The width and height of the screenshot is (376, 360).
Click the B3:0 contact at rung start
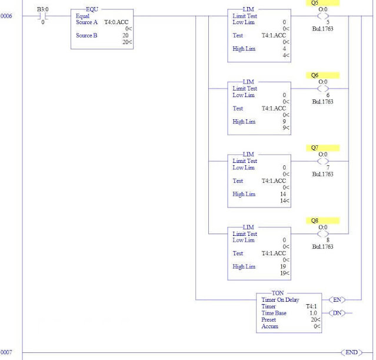pyautogui.click(x=42, y=16)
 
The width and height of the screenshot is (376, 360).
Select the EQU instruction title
pyautogui.click(x=92, y=10)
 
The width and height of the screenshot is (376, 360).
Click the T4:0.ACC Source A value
pyautogui.click(x=117, y=22)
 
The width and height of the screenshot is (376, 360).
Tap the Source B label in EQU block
pyautogui.click(x=87, y=35)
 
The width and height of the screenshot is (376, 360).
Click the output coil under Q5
pyautogui.click(x=323, y=16)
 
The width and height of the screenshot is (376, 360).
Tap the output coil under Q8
pyautogui.click(x=323, y=234)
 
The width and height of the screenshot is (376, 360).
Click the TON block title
pyautogui.click(x=277, y=293)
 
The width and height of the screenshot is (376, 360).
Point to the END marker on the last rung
pyautogui.click(x=351, y=352)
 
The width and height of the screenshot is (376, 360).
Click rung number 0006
pyautogui.click(x=6, y=16)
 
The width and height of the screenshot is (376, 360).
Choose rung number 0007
pyautogui.click(x=6, y=352)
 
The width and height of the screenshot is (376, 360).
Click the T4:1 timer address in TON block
pyautogui.click(x=312, y=306)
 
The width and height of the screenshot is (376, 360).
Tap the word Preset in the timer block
pyautogui.click(x=269, y=319)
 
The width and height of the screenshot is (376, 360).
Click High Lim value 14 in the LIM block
pyautogui.click(x=284, y=194)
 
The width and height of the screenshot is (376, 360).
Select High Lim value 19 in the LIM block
pyautogui.click(x=284, y=266)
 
